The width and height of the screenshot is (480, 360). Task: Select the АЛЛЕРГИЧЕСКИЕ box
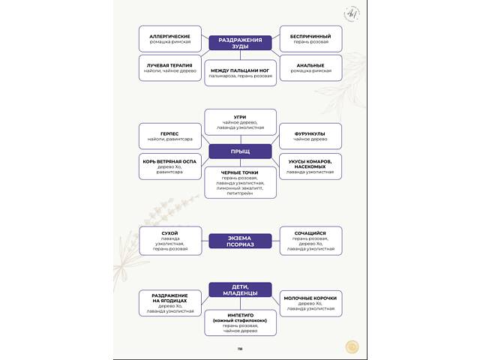click(170, 39)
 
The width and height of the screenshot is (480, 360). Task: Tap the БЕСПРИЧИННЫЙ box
click(310, 39)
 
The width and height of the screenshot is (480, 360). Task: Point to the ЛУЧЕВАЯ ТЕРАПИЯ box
click(170, 68)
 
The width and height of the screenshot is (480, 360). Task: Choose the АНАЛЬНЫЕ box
click(310, 68)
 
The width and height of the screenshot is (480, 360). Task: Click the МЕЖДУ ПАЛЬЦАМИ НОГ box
click(240, 73)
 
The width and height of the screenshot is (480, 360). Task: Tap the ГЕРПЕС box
click(170, 136)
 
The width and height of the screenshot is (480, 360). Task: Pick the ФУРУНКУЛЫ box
click(310, 136)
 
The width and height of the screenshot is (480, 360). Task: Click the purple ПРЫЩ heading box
click(240, 151)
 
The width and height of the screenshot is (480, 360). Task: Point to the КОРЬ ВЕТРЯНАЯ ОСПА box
click(170, 166)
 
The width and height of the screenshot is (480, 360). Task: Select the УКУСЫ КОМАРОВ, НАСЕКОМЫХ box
click(310, 166)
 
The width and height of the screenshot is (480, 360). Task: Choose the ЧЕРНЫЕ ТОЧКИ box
click(240, 183)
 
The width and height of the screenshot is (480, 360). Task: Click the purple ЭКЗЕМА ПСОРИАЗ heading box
click(240, 241)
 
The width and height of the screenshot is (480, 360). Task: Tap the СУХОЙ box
click(170, 241)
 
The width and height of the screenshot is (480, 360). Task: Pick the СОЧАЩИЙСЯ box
click(310, 241)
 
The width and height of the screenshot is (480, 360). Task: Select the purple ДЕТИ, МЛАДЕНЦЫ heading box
click(240, 290)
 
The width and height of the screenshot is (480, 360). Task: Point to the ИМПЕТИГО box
click(240, 322)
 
